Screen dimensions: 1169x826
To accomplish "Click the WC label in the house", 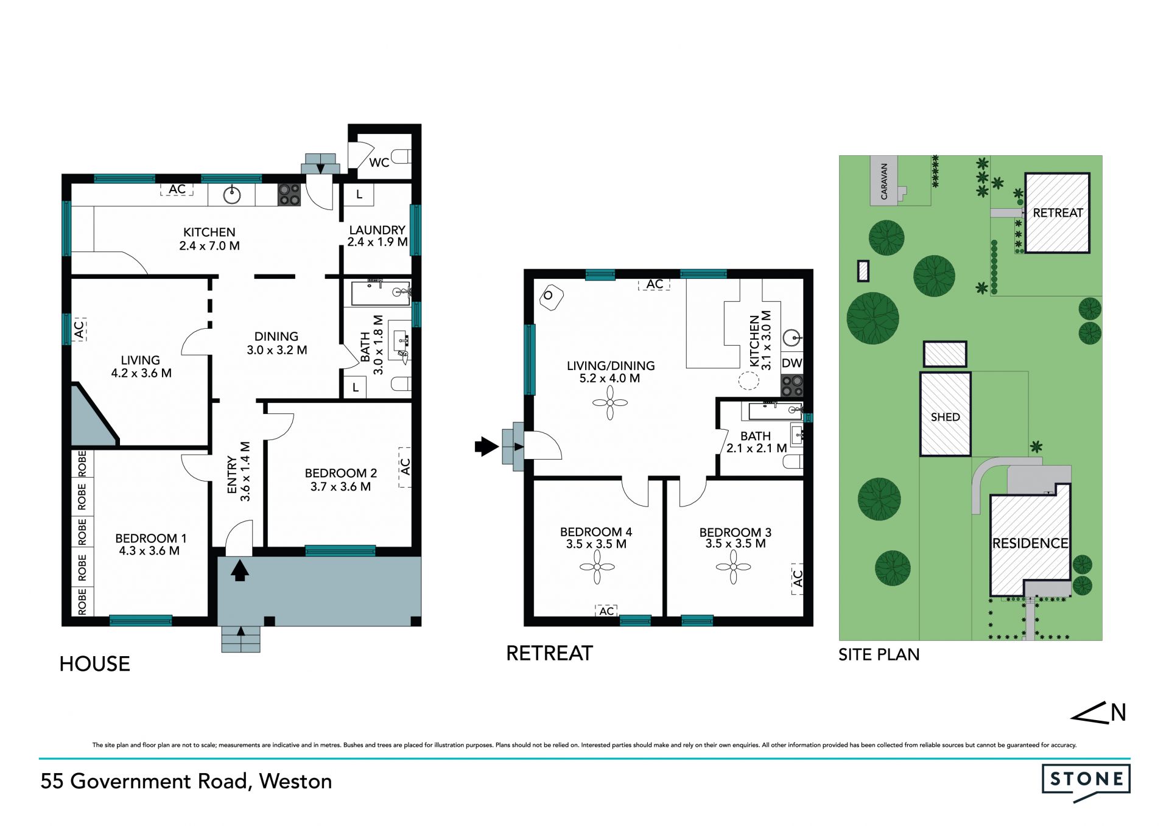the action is (x=379, y=163).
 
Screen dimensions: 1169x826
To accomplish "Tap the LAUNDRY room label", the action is (x=377, y=230).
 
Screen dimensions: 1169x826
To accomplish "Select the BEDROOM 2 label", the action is (x=340, y=473).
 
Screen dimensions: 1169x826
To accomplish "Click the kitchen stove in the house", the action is (x=290, y=195).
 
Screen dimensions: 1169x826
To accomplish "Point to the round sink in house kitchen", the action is (x=232, y=195).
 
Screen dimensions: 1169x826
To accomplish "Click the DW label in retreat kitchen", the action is (x=792, y=363).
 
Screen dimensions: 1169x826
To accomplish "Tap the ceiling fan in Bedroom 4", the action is (x=597, y=567).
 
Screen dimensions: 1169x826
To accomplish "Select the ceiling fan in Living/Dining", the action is (x=609, y=402).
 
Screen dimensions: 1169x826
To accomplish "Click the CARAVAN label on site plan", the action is (x=884, y=181).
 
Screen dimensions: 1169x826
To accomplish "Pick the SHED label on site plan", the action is (x=945, y=417).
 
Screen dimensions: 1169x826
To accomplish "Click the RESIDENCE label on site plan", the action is (x=1030, y=543).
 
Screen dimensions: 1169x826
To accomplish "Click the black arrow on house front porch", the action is (x=240, y=571).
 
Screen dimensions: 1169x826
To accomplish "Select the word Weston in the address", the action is (x=295, y=781).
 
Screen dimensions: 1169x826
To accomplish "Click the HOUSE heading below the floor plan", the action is (x=94, y=663).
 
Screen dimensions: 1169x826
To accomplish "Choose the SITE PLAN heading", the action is (x=879, y=654).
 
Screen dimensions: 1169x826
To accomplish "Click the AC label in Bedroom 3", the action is (x=798, y=578).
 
